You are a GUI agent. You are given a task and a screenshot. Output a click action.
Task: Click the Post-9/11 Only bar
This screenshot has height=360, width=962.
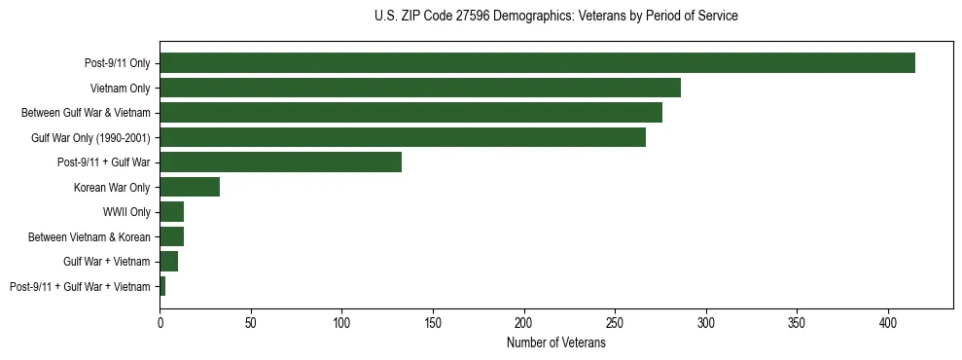[x=537, y=63]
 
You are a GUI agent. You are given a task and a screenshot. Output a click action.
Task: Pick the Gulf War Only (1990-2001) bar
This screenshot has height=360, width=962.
[x=403, y=137]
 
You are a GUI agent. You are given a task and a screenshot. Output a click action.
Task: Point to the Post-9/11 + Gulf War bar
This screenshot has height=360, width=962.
[x=280, y=162]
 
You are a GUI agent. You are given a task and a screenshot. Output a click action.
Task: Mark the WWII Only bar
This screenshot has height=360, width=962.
[x=172, y=212]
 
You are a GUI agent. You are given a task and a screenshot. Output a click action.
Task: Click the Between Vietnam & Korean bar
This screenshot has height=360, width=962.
[x=172, y=236]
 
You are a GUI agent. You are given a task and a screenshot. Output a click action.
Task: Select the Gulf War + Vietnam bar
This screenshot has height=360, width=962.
[x=169, y=262]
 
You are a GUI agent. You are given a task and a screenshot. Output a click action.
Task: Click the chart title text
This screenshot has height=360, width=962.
[x=556, y=17]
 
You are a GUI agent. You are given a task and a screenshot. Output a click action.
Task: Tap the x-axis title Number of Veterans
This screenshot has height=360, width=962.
[x=556, y=342]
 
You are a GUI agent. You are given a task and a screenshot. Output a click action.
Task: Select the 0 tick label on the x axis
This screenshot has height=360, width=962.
[x=160, y=320]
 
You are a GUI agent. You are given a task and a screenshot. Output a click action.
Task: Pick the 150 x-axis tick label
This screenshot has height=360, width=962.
[x=433, y=320]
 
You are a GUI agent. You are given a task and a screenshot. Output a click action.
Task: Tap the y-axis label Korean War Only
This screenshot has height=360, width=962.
[x=112, y=187]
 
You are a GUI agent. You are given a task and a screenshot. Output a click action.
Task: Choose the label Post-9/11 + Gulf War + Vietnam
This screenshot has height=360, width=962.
[x=80, y=286]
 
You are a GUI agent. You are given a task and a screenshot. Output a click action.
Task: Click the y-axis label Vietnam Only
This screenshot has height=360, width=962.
[x=121, y=88]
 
